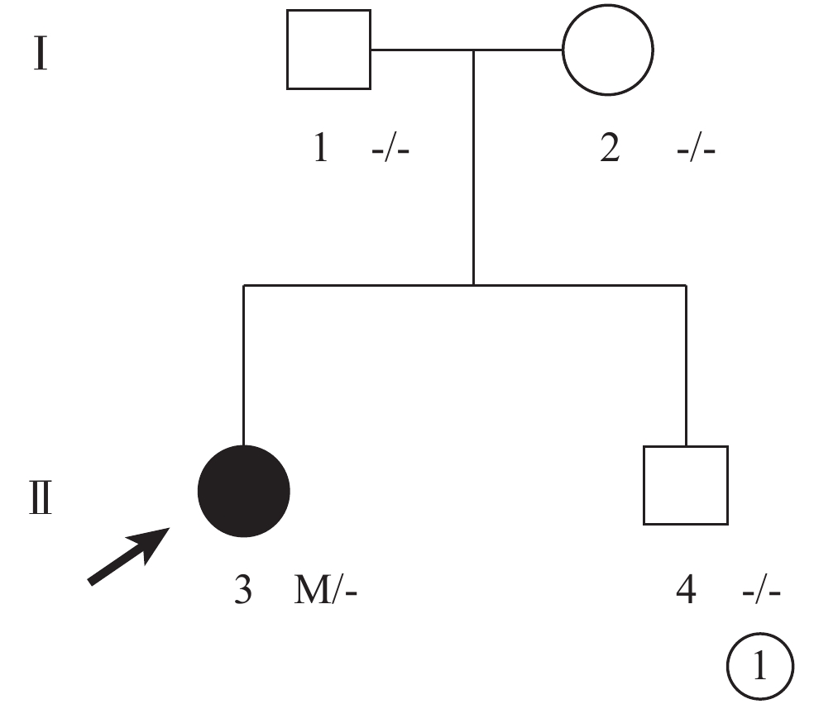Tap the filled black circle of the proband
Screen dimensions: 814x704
click(x=244, y=491)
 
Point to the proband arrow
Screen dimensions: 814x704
click(x=129, y=556)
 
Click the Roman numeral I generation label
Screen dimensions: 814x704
click(x=41, y=53)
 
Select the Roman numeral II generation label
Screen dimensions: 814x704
click(x=40, y=497)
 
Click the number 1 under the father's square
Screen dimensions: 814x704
click(x=321, y=147)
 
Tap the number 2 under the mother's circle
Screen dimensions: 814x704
click(x=610, y=147)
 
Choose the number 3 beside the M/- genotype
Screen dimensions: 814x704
click(x=243, y=589)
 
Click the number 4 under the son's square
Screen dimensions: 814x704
click(x=686, y=589)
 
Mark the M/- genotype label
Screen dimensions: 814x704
click(x=325, y=590)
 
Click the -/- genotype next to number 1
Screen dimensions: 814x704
click(x=390, y=150)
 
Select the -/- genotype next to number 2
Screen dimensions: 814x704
click(x=697, y=150)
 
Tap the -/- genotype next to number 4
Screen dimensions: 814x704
click(x=762, y=592)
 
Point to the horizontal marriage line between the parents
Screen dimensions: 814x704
click(x=467, y=50)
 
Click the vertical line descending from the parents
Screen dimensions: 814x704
click(x=473, y=168)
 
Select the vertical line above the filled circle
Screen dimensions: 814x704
click(x=243, y=365)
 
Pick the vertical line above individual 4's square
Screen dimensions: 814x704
click(x=687, y=365)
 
